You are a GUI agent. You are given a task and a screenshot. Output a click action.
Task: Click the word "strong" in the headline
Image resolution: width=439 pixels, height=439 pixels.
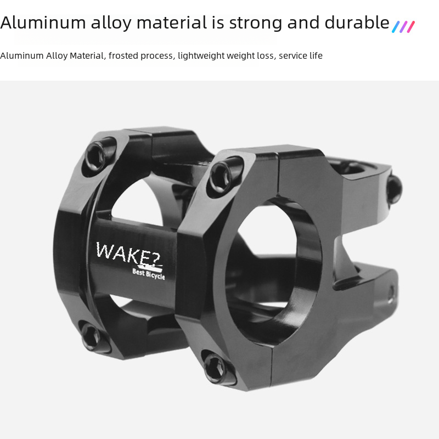(256, 23)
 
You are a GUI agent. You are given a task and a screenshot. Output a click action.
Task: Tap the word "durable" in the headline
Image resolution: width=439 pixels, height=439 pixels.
(357, 22)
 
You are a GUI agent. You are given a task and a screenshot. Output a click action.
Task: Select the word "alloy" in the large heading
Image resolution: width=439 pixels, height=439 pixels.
(111, 23)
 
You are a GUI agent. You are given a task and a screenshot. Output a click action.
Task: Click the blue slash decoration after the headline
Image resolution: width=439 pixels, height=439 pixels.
(396, 27)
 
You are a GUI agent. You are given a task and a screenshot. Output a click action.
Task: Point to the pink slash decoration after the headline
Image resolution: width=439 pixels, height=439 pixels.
(410, 27)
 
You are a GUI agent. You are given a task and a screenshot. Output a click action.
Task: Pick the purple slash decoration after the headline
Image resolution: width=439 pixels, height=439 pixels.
(403, 27)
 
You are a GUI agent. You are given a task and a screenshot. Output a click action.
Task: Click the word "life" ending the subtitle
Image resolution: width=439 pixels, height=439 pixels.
(316, 55)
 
